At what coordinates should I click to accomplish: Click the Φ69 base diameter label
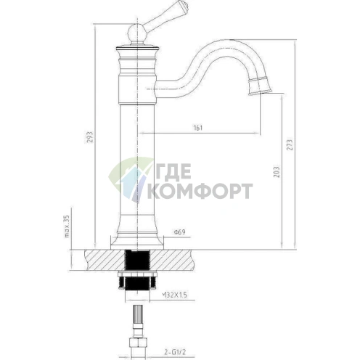[x=179, y=233]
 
